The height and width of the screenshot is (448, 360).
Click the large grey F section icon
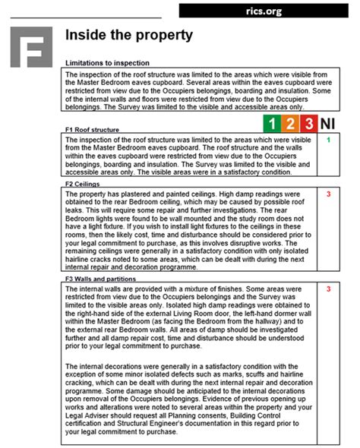click(32, 47)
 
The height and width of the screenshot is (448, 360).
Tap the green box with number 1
click(271, 124)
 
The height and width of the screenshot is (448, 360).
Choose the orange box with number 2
click(290, 124)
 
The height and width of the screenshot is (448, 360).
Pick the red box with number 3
click(308, 124)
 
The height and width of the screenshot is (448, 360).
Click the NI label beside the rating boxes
click(328, 124)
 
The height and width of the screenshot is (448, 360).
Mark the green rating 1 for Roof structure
click(328, 140)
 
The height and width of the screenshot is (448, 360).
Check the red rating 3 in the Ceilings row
click(328, 194)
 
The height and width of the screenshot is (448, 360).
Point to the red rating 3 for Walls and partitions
click(328, 289)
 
